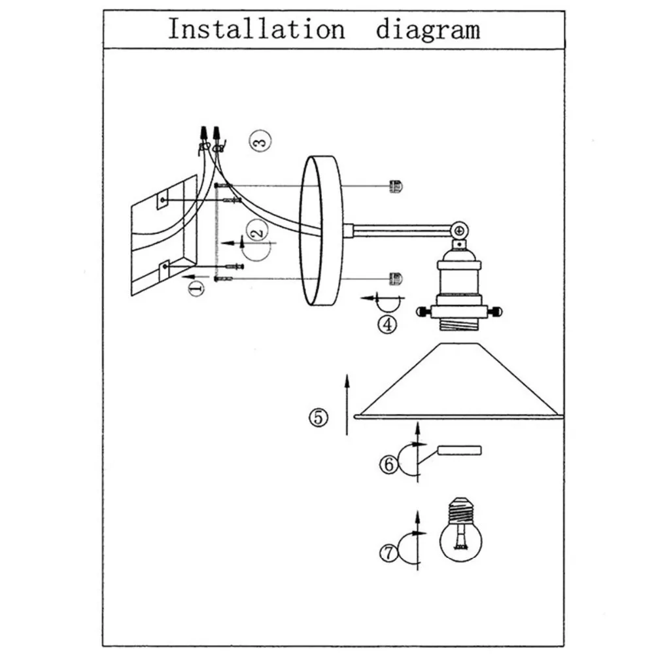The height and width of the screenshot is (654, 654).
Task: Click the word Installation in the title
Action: [x=256, y=30]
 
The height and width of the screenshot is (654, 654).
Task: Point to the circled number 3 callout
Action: [x=260, y=141]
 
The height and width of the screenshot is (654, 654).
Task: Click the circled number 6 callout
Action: [x=387, y=464]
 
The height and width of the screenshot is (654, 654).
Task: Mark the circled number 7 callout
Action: [x=387, y=553]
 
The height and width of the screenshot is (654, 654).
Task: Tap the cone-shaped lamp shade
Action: [x=458, y=386]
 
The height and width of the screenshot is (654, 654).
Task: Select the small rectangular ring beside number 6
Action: [x=459, y=451]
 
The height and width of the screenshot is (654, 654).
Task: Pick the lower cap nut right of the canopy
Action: [x=396, y=279]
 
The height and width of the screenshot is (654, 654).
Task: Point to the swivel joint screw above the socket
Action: [x=460, y=231]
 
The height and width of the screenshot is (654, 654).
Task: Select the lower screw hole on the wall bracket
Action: [x=164, y=267]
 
